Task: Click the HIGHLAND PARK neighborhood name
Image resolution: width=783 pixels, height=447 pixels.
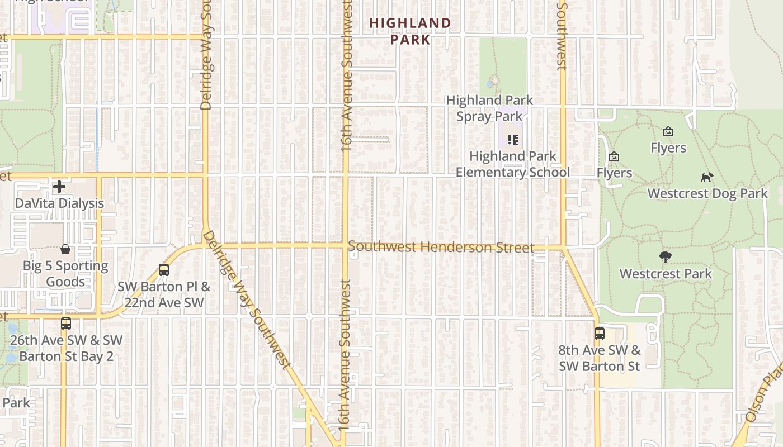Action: [x=410, y=31]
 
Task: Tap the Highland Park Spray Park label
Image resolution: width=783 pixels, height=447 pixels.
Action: [x=489, y=108]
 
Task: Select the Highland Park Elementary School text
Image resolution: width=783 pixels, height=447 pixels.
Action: [x=512, y=164]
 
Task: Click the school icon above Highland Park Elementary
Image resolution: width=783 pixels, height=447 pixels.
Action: [x=513, y=140]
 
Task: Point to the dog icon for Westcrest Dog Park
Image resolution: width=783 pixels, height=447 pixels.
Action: [x=707, y=178]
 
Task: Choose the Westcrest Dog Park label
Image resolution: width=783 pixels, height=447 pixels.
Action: [x=707, y=193]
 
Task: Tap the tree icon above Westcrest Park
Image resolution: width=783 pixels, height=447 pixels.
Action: [x=665, y=258]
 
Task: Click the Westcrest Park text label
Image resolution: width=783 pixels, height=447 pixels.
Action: [x=666, y=274]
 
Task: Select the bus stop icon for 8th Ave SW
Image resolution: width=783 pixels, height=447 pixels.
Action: [x=600, y=334]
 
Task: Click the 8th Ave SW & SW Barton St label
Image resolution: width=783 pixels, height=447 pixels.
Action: [x=599, y=358]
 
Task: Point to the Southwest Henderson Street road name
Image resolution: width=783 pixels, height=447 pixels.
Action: [x=441, y=247]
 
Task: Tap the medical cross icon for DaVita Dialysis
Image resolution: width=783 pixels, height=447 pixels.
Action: [x=59, y=186]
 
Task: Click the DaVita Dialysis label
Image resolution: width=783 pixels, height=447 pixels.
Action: [x=59, y=203]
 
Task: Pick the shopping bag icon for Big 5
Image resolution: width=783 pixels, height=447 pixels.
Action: [x=65, y=249]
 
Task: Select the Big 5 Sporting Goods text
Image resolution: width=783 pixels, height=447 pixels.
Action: [x=65, y=273]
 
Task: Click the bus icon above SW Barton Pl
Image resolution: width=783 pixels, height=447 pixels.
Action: [x=164, y=270]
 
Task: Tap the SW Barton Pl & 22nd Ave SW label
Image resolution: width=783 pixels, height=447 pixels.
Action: [x=164, y=294]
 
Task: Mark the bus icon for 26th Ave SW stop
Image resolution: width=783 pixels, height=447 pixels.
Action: [x=66, y=324]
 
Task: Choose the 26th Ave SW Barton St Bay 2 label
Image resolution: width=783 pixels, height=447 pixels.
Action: [x=66, y=348]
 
